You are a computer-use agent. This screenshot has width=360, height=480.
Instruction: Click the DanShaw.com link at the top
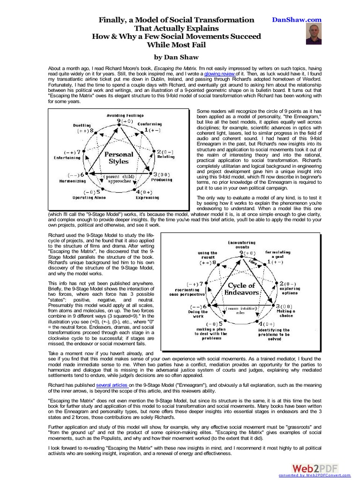(x=297, y=20)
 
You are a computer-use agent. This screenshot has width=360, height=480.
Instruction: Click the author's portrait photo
(x=314, y=34)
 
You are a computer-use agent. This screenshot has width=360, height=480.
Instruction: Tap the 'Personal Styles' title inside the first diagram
(x=118, y=157)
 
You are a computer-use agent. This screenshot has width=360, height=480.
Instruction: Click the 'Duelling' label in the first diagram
(x=82, y=125)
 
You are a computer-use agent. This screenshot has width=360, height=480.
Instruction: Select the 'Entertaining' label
(x=66, y=158)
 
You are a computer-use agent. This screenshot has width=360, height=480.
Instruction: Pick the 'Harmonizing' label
(x=72, y=180)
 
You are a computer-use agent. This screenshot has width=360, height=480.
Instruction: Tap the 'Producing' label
(x=162, y=180)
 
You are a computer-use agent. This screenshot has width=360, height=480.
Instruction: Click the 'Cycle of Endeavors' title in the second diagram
(x=241, y=289)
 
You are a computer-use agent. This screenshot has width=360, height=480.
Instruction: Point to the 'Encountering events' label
(x=242, y=245)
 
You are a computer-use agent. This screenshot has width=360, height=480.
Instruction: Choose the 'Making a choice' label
(x=286, y=313)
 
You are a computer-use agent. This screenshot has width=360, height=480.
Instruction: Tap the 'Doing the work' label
(x=198, y=314)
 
